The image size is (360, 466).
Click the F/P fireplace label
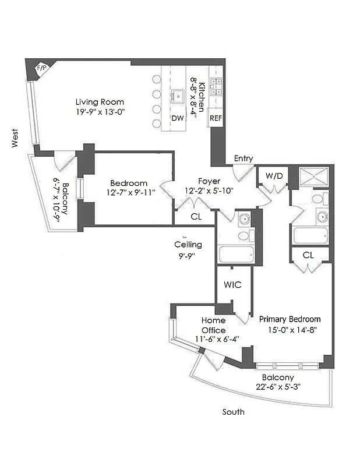click(41, 68)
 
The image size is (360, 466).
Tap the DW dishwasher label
click(177, 118)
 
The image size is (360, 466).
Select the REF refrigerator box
click(216, 118)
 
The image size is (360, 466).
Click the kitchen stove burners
click(216, 87)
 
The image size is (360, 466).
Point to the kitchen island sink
click(178, 95)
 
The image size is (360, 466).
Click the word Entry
click(243, 158)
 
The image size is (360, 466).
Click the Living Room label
click(100, 102)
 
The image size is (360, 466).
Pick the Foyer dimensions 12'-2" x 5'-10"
click(209, 191)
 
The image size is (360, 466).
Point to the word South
click(234, 412)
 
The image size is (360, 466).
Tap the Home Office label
click(213, 325)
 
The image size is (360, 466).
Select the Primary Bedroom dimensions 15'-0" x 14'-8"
click(290, 329)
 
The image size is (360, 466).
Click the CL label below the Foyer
click(197, 217)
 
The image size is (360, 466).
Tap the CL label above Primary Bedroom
click(309, 255)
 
